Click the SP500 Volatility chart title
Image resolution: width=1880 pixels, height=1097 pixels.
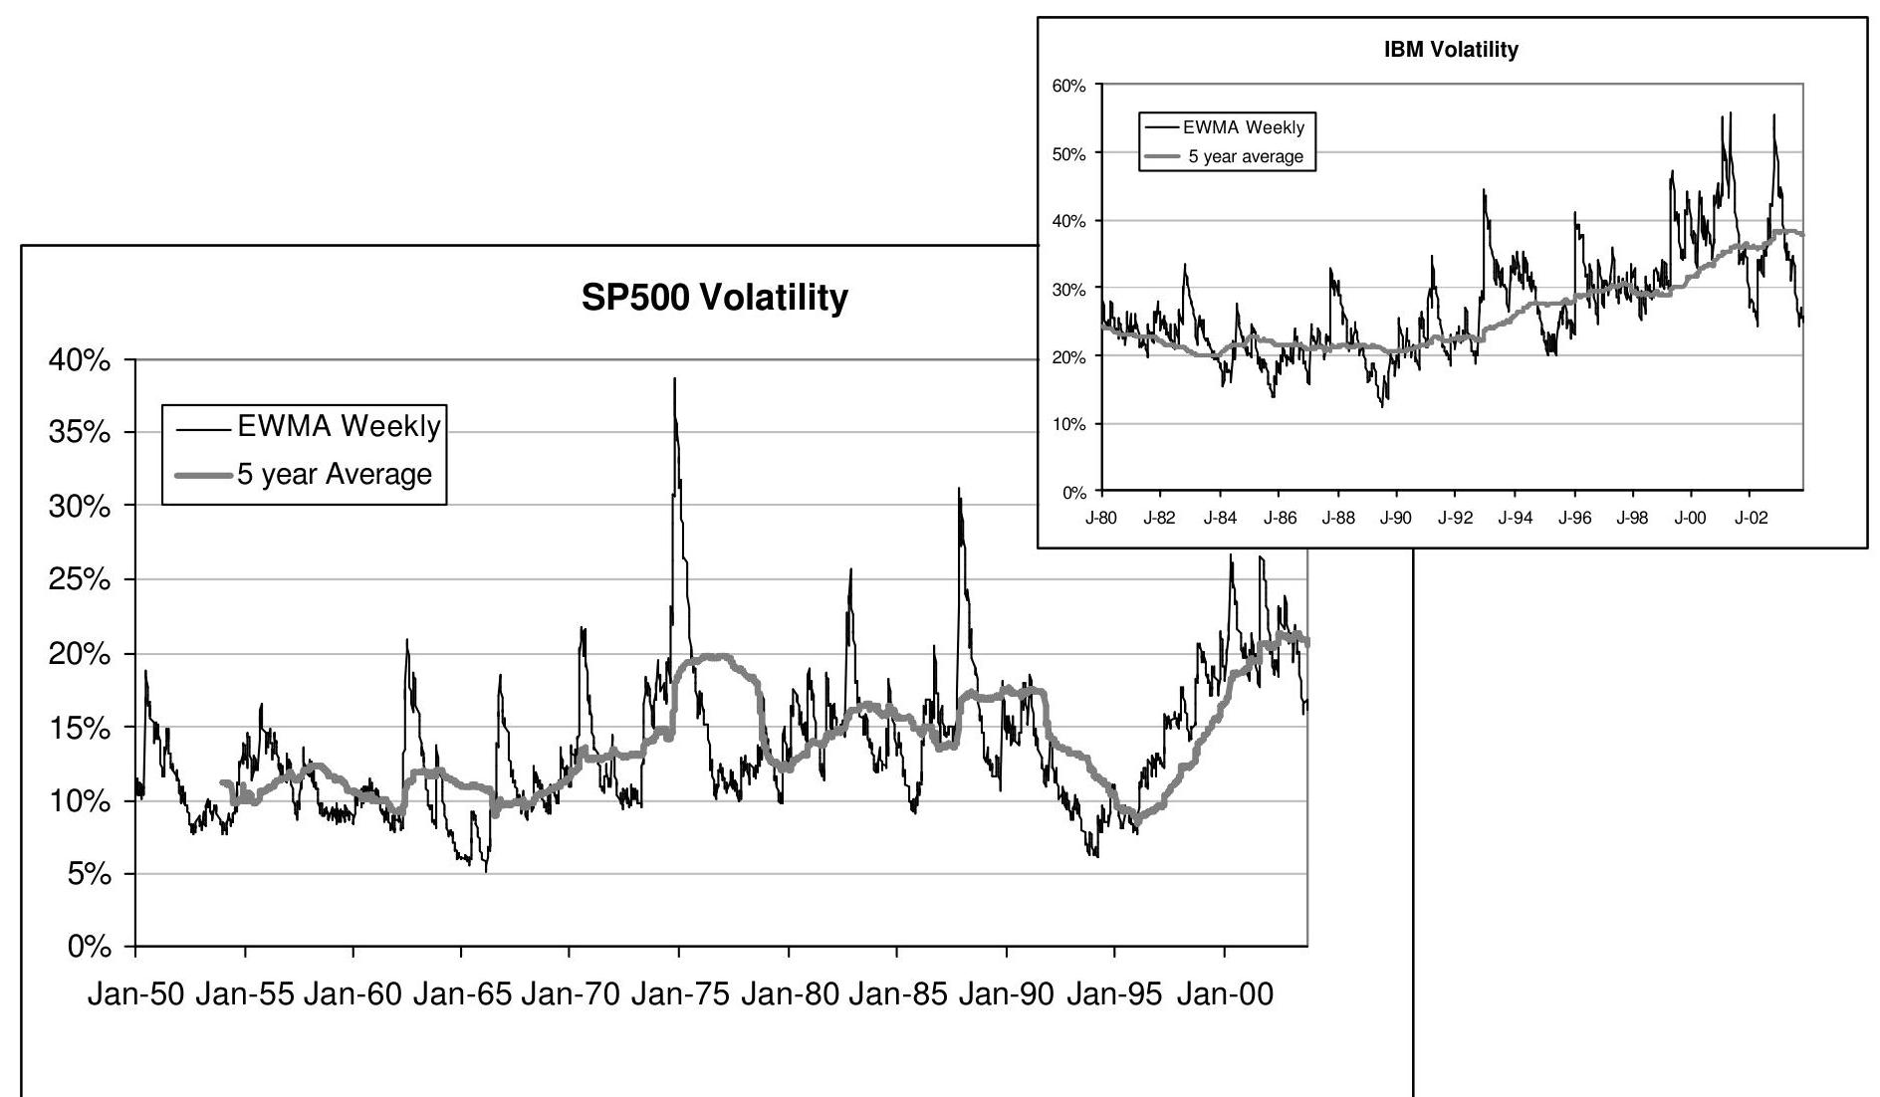pos(714,297)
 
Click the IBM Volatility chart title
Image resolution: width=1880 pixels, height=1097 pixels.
pos(1451,50)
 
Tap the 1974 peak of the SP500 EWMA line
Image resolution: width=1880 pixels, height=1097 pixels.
pos(674,379)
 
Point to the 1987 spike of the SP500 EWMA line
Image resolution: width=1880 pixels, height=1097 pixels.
pos(959,489)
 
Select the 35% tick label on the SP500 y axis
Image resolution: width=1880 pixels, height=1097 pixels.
pos(79,433)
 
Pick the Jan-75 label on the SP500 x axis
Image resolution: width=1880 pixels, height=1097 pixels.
pos(679,994)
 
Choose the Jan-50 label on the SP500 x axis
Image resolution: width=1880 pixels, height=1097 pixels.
pos(135,994)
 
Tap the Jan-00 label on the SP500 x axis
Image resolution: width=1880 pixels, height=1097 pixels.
pos(1224,994)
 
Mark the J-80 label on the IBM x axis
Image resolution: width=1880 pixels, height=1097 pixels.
pos(1100,519)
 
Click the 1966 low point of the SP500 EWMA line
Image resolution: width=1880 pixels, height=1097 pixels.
pos(486,871)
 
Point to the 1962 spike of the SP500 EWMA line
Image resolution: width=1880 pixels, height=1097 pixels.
pos(406,640)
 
